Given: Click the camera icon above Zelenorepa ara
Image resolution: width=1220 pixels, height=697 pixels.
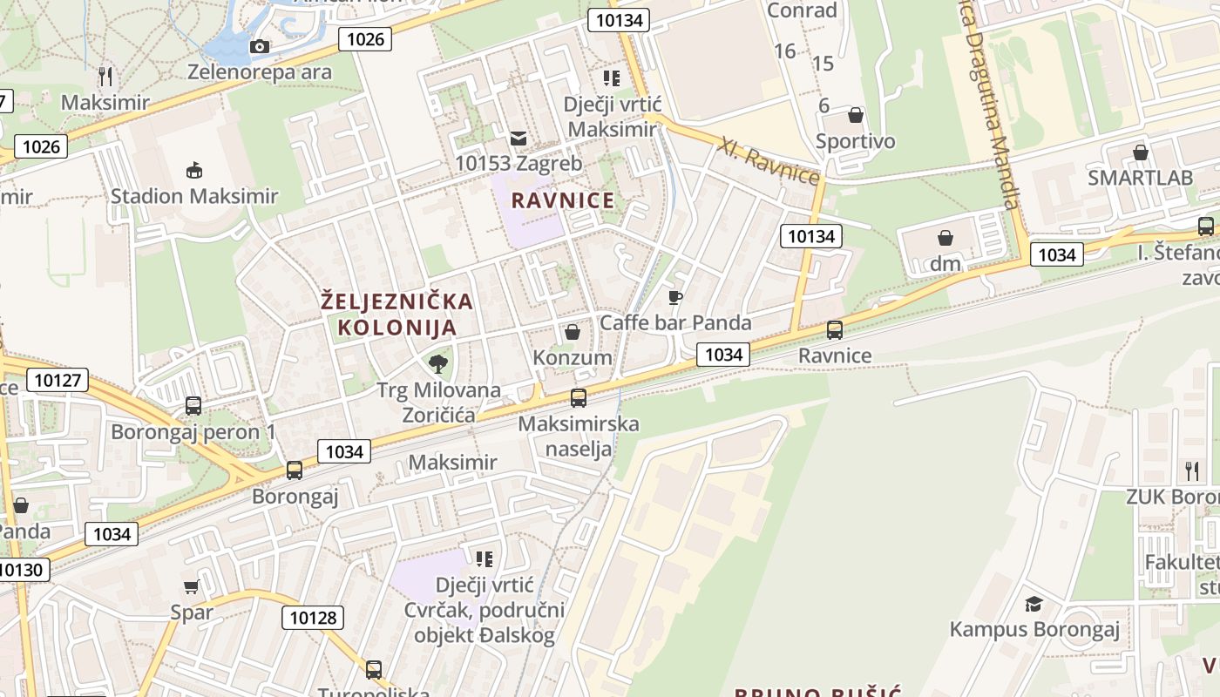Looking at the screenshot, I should tap(260, 47).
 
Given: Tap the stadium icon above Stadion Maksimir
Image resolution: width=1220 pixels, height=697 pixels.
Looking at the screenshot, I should tap(193, 169).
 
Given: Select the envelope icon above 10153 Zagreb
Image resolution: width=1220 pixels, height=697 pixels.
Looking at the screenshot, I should tap(518, 138).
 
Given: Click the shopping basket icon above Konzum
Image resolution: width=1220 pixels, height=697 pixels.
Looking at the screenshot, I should tap(573, 332).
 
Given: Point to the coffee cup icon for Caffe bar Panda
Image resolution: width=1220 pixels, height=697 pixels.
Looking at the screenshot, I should tap(674, 297).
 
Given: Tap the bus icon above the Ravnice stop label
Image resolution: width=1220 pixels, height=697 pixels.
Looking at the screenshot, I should tap(835, 329).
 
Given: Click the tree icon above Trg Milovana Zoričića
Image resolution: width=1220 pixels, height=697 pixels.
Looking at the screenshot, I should tap(438, 363).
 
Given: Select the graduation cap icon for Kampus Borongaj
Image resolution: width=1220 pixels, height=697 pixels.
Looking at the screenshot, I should tap(1034, 603).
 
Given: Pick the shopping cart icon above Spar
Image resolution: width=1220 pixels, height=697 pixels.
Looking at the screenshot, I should tap(192, 587).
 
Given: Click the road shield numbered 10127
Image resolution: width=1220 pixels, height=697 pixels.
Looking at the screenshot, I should tap(58, 380).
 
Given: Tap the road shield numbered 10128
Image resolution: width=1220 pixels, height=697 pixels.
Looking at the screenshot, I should tap(312, 618).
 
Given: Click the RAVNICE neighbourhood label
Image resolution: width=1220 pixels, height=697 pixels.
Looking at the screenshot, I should tap(563, 200).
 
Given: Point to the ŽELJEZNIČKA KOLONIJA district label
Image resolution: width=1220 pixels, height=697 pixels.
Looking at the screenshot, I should tap(397, 315).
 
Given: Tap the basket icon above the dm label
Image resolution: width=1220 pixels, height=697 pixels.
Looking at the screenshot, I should tap(945, 237).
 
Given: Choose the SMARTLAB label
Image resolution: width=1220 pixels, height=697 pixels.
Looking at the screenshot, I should tap(1140, 178).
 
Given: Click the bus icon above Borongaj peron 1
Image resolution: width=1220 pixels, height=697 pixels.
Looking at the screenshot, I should tap(193, 406).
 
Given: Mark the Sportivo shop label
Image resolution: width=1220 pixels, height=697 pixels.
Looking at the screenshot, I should tap(855, 141).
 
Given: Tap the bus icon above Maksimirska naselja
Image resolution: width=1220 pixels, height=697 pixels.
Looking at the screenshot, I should tap(579, 398).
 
